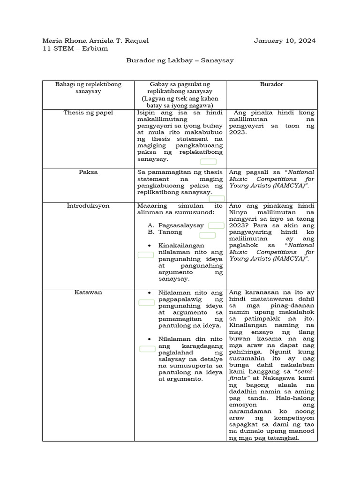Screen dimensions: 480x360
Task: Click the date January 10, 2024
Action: pos(285,41)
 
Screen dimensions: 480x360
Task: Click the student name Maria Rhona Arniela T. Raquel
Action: pos(96,41)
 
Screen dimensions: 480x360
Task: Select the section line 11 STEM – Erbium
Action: pos(75,48)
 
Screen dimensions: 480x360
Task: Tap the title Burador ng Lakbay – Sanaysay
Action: pos(180,60)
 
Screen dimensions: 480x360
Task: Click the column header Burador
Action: pos(271,84)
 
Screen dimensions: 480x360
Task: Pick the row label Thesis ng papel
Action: pos(88,113)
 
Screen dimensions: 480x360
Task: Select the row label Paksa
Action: pos(88,172)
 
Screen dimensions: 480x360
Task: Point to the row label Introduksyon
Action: pos(88,206)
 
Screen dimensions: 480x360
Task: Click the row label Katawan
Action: pos(88,292)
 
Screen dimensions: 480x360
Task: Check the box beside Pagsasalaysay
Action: pos(216,226)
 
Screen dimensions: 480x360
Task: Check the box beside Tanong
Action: pos(207,235)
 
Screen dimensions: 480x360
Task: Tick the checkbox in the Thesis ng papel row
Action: pos(209,162)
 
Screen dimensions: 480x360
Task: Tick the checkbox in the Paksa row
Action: pos(217,199)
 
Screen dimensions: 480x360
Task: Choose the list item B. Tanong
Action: pos(165,232)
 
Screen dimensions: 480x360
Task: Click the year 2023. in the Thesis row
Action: pos(238,133)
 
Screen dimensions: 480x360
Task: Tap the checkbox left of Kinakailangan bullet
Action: pos(146,255)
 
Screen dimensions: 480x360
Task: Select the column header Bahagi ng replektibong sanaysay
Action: pos(88,88)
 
